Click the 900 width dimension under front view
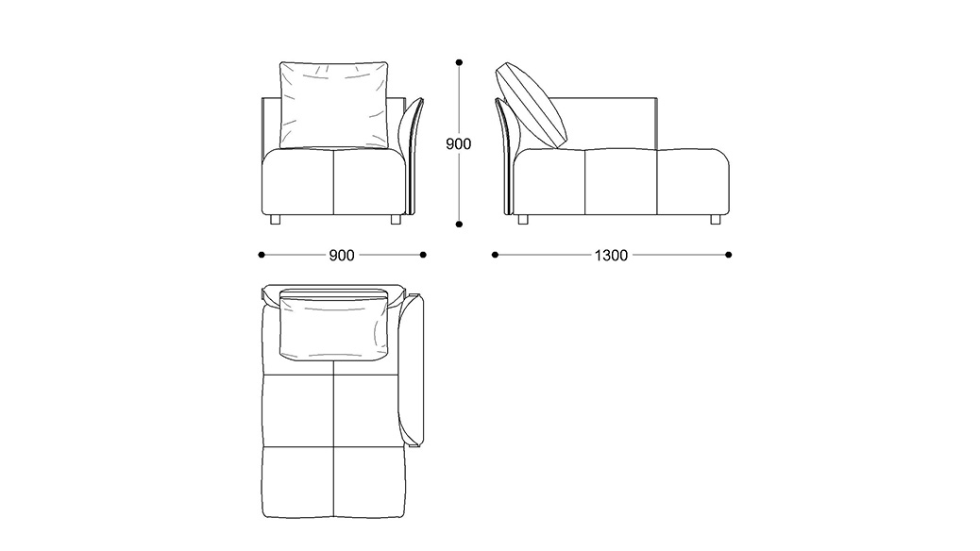coord(342,255)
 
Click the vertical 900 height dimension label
coord(458,144)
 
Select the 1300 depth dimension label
coord(612,255)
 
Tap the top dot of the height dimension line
coord(459,62)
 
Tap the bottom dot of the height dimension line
coord(459,225)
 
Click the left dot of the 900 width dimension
coord(261,255)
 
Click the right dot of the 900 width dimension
coord(423,255)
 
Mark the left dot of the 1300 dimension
coord(495,255)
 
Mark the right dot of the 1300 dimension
coord(729,255)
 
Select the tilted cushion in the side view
coord(533,104)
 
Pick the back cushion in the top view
coord(335,326)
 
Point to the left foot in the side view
coord(522,221)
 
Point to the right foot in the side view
coord(715,221)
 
